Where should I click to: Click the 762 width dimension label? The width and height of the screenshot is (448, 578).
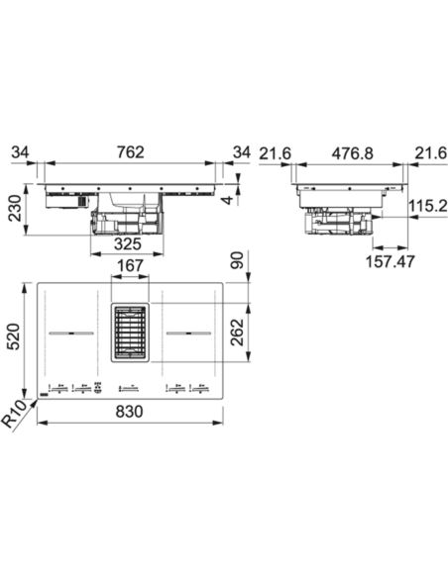(x=131, y=152)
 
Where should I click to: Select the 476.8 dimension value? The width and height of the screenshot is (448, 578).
(x=353, y=153)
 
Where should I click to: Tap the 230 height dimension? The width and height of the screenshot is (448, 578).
(x=16, y=209)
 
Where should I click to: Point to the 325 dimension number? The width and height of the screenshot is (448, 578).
(x=128, y=243)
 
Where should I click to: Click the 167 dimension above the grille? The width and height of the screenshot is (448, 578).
(x=130, y=266)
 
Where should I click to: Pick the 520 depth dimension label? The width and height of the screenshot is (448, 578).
(x=13, y=337)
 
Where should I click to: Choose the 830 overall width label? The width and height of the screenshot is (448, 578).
(x=129, y=412)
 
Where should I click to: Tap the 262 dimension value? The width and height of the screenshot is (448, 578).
(x=237, y=333)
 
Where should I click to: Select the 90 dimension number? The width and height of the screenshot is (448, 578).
(x=237, y=260)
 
